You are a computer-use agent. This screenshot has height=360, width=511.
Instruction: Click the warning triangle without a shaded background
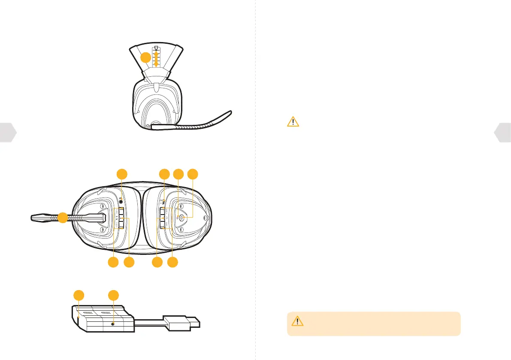coord(293,122)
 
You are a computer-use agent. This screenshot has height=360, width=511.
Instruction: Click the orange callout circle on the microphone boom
coord(63,218)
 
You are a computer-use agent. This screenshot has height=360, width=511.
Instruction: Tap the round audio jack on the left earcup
coord(122,200)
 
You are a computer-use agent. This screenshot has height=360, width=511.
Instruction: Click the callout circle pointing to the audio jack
coord(122,174)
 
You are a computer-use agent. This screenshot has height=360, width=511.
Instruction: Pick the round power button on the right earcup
coord(181,218)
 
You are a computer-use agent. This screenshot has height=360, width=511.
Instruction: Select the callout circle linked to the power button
coord(194,174)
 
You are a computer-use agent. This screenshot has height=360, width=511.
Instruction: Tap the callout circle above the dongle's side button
coord(113,295)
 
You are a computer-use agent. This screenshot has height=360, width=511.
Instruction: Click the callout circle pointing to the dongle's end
coord(78,295)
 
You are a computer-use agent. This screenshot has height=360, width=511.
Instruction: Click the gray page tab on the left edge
coord(8,133)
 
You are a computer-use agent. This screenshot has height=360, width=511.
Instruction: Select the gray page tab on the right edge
coord(503,133)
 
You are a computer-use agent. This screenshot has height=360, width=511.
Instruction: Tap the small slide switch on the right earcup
coord(164,201)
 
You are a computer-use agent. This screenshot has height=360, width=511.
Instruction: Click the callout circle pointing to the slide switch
coord(164,174)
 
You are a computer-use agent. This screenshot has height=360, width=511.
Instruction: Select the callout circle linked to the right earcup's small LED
coord(178,174)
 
